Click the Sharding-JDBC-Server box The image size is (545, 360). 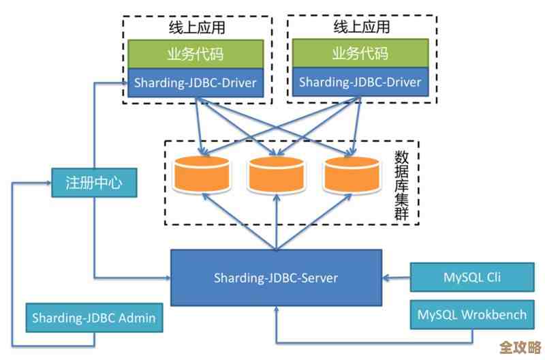[276, 277]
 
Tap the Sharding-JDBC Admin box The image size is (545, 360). [94, 318]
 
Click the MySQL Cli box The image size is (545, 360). [472, 277]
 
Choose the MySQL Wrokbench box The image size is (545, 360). [472, 315]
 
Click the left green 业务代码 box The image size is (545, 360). [196, 54]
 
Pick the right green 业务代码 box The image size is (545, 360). [360, 54]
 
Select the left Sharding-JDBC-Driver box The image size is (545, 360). [196, 83]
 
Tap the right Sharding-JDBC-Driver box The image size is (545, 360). [360, 83]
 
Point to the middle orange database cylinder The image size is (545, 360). [275, 175]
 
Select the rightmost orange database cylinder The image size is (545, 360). [351, 175]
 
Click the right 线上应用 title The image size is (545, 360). [361, 28]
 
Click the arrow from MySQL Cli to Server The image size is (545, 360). [396, 277]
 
